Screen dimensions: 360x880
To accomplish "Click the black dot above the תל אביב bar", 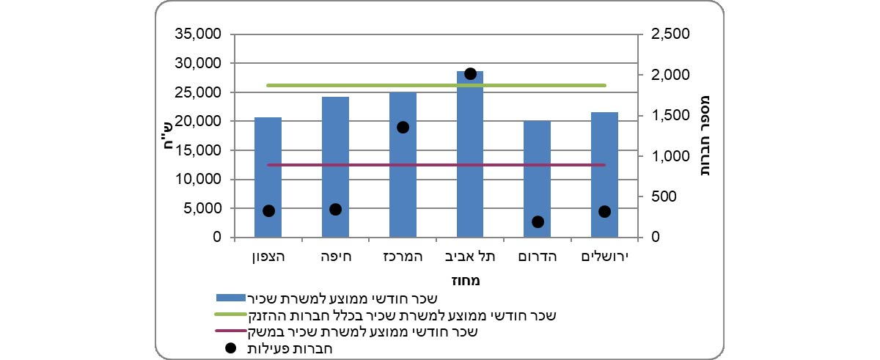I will coord(471,73).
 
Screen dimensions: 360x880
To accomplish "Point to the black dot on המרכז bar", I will coord(403,127).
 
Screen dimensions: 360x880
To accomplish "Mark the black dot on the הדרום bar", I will coord(538,221).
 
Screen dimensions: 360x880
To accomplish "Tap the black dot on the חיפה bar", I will coord(335,209).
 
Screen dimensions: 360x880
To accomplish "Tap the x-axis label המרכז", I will coord(403,257).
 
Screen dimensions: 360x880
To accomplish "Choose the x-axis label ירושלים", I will coord(604,257).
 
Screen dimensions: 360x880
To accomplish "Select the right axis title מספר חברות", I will coord(707,136).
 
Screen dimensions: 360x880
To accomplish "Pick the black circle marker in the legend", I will coord(230,348).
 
